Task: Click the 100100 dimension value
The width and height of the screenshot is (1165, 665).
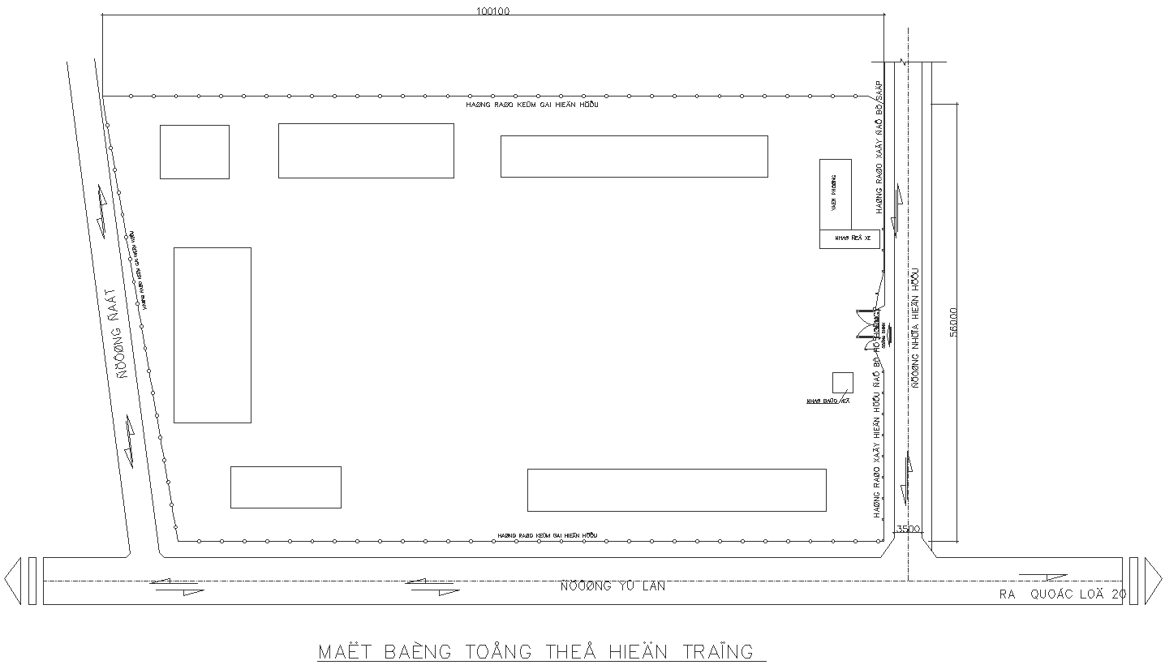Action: (x=492, y=11)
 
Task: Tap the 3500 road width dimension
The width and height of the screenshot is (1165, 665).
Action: (x=907, y=530)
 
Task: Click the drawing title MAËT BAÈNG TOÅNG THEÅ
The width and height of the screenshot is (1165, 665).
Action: (x=535, y=651)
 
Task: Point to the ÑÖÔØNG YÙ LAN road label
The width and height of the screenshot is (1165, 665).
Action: (x=613, y=586)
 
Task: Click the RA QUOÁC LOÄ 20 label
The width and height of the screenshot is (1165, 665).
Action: (x=1062, y=594)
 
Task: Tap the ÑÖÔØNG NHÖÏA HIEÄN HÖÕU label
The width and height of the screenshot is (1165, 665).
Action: (x=915, y=328)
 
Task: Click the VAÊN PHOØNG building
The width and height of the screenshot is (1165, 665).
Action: (x=835, y=194)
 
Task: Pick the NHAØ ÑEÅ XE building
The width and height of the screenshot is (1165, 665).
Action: (x=849, y=238)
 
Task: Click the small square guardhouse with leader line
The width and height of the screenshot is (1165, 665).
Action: (x=842, y=382)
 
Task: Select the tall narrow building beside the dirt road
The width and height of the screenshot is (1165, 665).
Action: (x=212, y=335)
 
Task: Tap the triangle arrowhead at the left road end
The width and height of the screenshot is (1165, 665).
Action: (x=12, y=581)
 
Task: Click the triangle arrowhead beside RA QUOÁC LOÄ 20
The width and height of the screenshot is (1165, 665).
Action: (x=1153, y=581)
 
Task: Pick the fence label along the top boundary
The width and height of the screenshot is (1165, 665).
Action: (x=536, y=105)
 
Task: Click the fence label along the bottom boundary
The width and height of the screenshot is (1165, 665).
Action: (x=547, y=536)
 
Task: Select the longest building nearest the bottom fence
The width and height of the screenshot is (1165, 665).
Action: (x=676, y=490)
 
